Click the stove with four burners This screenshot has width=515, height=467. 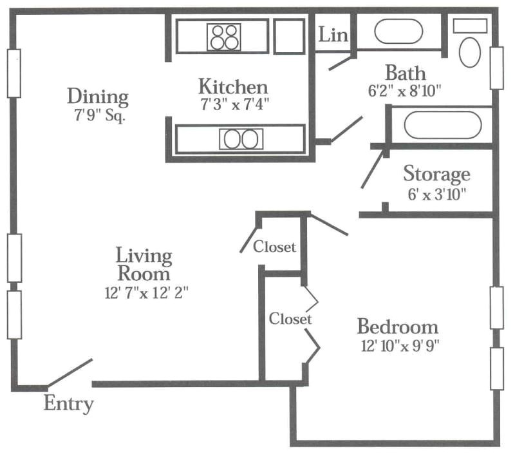(223, 37)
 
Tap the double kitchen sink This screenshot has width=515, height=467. (241, 139)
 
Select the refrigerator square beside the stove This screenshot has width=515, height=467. (289, 37)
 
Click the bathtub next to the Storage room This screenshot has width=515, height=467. (443, 125)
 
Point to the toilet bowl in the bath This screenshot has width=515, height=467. (470, 53)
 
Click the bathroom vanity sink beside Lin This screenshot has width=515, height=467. (398, 32)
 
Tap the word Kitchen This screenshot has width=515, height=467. (233, 87)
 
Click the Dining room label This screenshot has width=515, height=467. (98, 97)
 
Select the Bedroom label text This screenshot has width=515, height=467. (398, 327)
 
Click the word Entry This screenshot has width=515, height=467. (69, 403)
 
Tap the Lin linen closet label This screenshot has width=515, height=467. (333, 35)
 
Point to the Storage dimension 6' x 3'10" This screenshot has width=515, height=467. (437, 195)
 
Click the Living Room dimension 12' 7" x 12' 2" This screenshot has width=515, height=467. (147, 293)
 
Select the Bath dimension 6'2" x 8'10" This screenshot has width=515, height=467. (404, 91)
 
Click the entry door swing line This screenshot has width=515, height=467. (70, 373)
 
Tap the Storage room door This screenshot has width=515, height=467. (373, 169)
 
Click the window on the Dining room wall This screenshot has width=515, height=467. (14, 73)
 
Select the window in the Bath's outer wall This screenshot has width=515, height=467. (496, 68)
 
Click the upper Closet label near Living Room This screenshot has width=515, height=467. (274, 247)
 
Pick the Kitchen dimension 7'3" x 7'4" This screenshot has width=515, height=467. (235, 104)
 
